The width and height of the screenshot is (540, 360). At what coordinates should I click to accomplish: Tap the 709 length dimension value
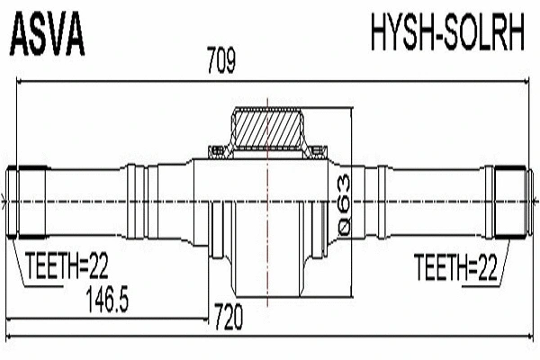click(x=220, y=63)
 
